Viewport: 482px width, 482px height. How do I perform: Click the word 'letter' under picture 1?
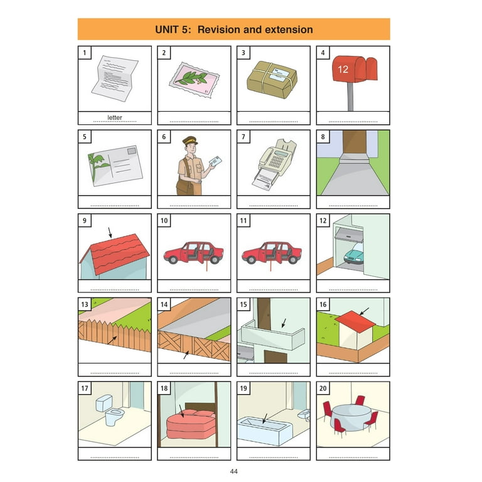pyautogui.click(x=115, y=117)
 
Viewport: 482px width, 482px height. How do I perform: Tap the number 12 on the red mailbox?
pyautogui.click(x=343, y=70)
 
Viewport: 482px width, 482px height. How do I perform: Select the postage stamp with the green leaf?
pyautogui.click(x=195, y=80)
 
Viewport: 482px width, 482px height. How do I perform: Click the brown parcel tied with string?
pyautogui.click(x=272, y=80)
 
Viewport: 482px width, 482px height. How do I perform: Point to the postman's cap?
pyautogui.click(x=190, y=140)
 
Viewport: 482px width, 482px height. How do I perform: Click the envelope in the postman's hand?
pyautogui.click(x=215, y=161)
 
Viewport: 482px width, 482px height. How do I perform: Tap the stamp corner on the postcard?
pyautogui.click(x=132, y=151)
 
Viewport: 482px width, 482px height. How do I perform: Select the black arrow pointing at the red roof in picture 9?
pyautogui.click(x=110, y=232)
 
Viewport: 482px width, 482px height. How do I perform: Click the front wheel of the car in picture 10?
pyautogui.click(x=173, y=259)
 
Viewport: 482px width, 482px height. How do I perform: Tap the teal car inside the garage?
pyautogui.click(x=354, y=255)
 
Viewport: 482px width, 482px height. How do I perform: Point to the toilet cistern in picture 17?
pyautogui.click(x=104, y=403)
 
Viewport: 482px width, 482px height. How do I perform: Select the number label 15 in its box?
pyautogui.click(x=244, y=304)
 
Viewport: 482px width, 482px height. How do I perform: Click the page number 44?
pyautogui.click(x=233, y=471)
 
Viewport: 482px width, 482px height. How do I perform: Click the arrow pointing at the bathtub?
pyautogui.click(x=265, y=419)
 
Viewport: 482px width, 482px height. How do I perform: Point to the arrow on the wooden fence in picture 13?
pyautogui.click(x=112, y=340)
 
